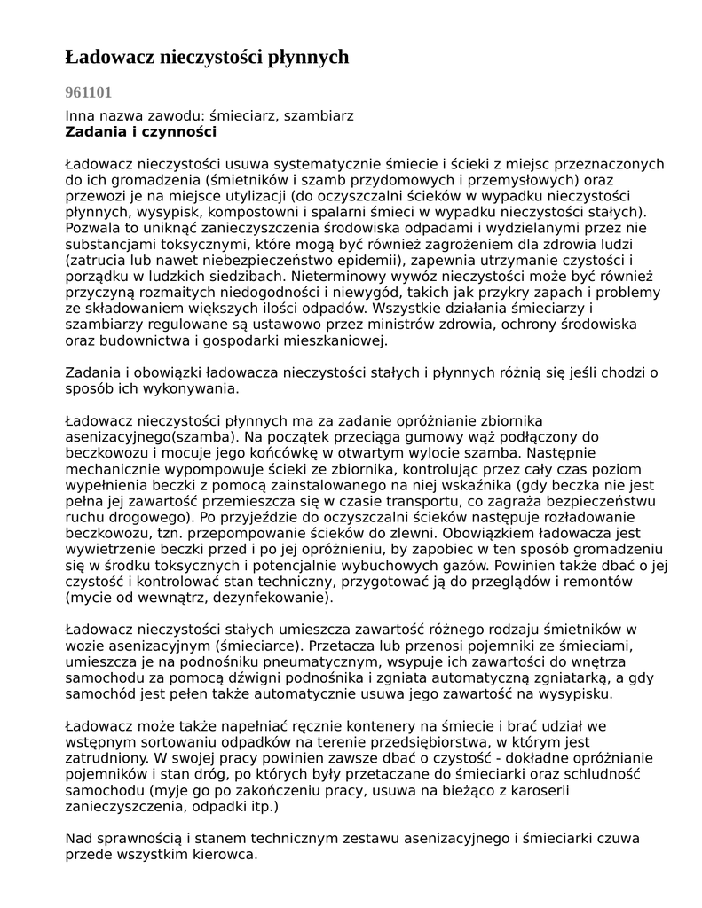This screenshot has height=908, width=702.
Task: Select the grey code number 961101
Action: (89, 91)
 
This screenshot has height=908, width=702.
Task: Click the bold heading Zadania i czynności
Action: (141, 132)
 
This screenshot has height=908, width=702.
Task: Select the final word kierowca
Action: (225, 855)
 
